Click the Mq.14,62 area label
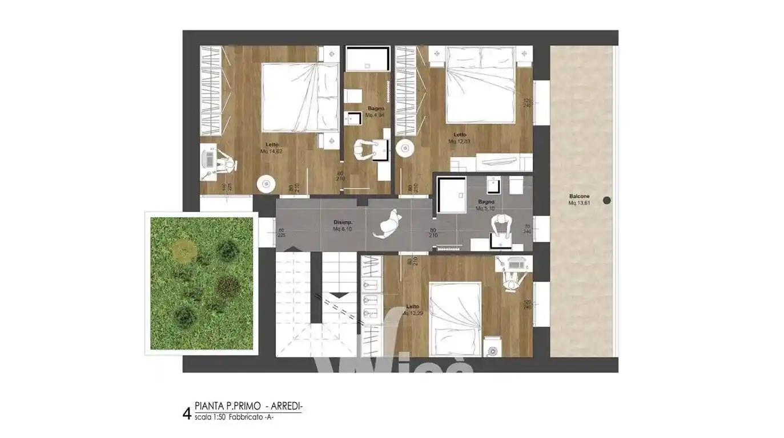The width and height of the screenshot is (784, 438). coord(271,152)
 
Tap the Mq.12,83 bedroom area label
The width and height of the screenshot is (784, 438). coord(460,141)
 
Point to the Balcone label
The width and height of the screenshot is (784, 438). coord(579,196)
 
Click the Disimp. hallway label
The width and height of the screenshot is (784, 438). coord(343,222)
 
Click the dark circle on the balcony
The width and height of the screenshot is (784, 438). coord(607,200)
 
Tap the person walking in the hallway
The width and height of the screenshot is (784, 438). coord(388,224)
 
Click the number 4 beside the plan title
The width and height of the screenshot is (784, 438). coord(186,413)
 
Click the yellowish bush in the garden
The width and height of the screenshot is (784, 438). coord(183,250)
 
